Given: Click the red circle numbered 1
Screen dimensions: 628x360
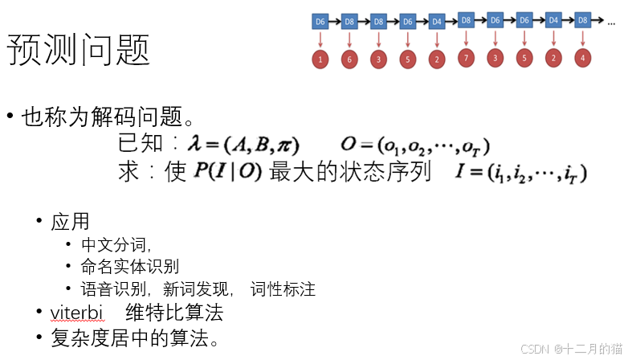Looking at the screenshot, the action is click(320, 59).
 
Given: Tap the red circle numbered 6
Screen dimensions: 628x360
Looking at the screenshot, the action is click(349, 59).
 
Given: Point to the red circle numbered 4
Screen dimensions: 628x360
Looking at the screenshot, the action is click(582, 58).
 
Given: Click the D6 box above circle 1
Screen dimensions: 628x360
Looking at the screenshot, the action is click(320, 21).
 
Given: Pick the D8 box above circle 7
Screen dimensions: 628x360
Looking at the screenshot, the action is click(466, 19).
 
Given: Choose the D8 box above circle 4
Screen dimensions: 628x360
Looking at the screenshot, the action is click(582, 19).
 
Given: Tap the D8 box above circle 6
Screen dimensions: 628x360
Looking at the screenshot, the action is click(349, 21).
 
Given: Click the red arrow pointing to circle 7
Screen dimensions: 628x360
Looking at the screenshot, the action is click(466, 38).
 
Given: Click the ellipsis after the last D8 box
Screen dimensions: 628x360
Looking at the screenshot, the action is click(611, 22).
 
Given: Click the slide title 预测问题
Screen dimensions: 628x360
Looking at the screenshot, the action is click(79, 51).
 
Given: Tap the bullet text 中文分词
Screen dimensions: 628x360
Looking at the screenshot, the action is click(116, 245).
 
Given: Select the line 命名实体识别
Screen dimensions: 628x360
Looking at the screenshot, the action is click(130, 267).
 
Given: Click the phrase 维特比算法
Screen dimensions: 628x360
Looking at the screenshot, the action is click(173, 313).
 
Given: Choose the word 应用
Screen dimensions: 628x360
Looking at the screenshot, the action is click(70, 221).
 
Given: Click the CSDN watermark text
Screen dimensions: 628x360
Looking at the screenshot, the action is click(571, 349).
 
